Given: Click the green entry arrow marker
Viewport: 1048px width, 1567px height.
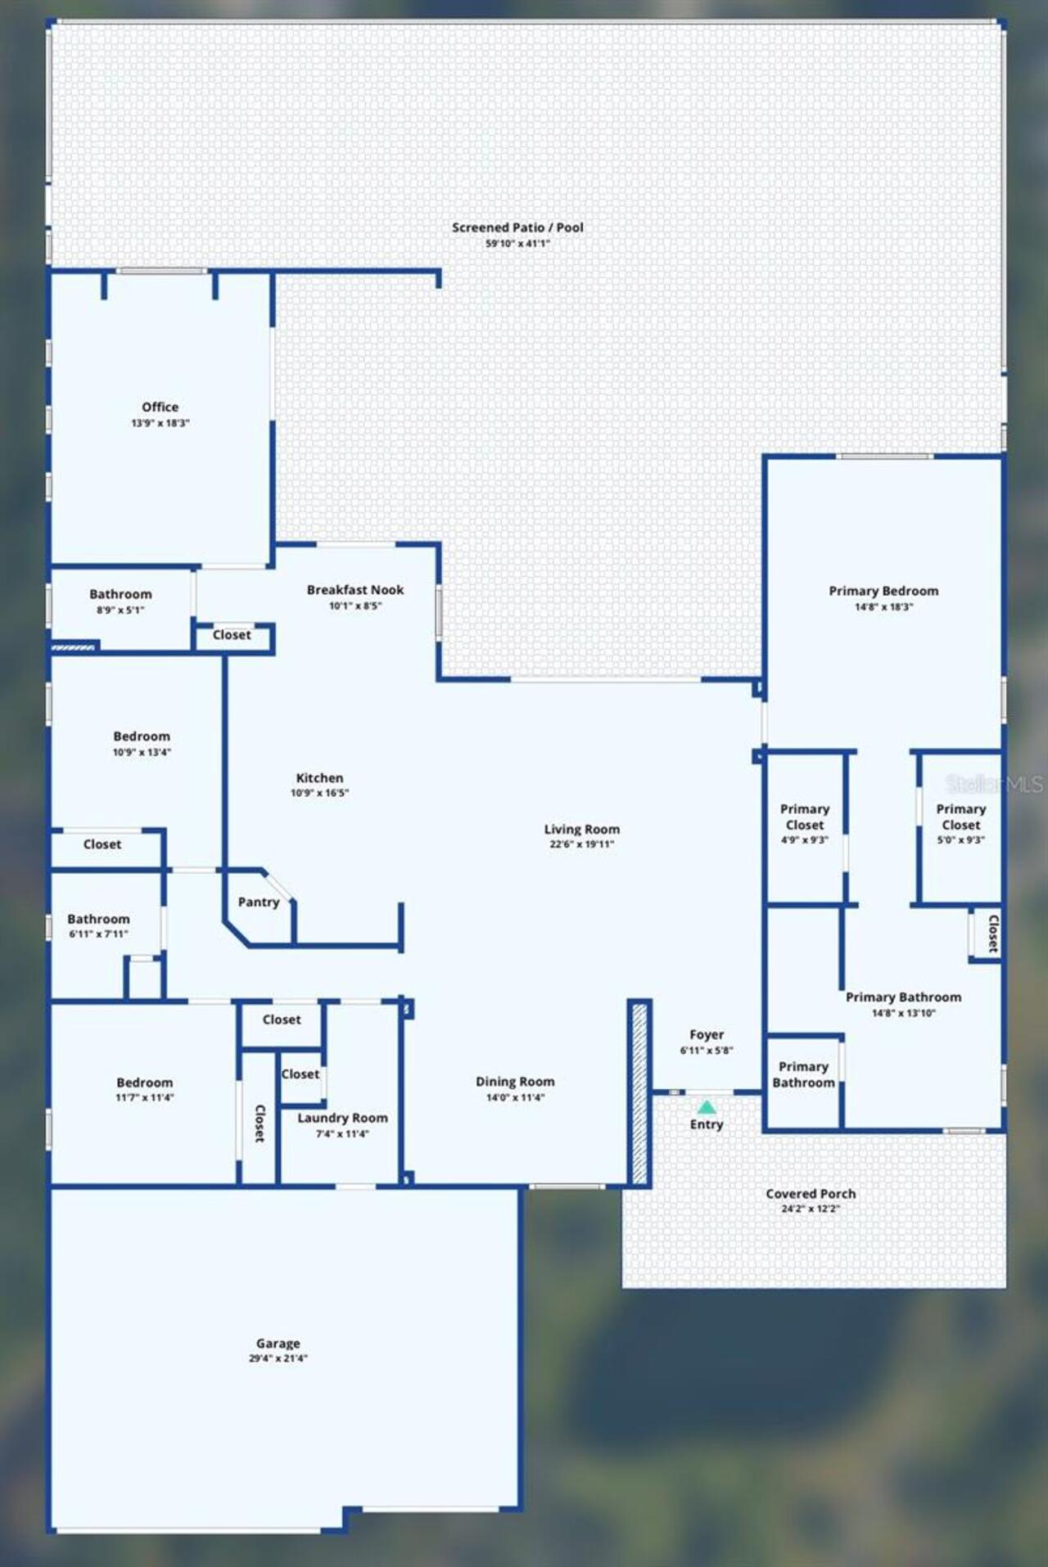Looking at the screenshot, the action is pos(707,1107).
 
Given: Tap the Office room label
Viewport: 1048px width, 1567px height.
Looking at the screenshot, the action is pos(160,407).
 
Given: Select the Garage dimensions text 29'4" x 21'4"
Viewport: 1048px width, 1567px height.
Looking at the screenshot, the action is pos(278,1358).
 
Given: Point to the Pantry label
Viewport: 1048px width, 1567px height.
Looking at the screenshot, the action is pos(259,902).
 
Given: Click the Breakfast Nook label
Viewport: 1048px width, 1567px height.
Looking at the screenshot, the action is pos(355,590).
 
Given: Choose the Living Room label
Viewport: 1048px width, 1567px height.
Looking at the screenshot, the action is pos(582,829).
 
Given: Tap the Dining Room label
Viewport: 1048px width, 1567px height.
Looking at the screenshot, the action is pos(515,1082).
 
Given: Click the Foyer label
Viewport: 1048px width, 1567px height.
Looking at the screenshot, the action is pos(707,1035).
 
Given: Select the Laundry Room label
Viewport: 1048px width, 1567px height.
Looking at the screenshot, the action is pos(342,1118).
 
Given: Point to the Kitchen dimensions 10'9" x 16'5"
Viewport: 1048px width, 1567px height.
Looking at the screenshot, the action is pos(320,793).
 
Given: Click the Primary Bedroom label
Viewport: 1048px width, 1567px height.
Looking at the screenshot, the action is pos(883,591).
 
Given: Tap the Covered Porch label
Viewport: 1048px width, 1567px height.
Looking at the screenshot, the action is pos(811,1194).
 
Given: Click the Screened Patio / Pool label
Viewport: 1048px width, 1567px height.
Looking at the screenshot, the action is pos(517,227).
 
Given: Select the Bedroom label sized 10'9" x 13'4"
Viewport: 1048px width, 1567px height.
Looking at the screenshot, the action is pos(142,736).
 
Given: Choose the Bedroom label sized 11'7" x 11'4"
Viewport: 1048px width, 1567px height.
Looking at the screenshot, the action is pos(145,1083).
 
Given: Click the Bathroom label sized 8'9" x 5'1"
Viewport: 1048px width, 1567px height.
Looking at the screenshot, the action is pos(120,594).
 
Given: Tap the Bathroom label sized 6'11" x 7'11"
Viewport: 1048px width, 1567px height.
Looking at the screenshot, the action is pos(98,919).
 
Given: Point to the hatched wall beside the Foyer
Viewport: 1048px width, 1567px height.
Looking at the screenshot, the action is pos(639,1092).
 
